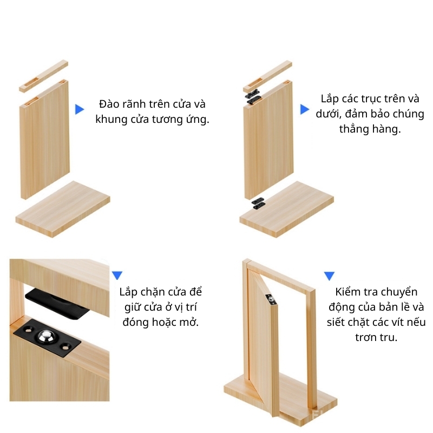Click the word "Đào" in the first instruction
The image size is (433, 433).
(108, 104)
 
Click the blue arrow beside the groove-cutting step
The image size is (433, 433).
(80, 109)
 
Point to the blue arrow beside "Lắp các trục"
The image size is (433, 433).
(305, 109)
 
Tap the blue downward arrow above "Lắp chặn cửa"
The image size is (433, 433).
(117, 275)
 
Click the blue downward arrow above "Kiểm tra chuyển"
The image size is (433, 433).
(329, 276)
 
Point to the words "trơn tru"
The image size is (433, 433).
(376, 337)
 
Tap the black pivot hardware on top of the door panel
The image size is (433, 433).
(253, 97)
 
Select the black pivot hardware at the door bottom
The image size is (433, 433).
(259, 203)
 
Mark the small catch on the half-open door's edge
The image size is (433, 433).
(270, 299)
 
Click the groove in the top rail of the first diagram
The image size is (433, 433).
(31, 84)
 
